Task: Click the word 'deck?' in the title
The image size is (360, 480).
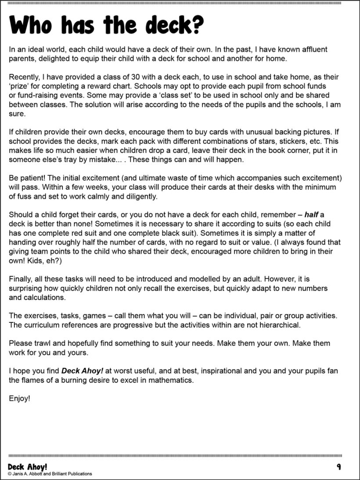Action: [174, 26]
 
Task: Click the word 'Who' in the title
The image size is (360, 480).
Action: [31, 26]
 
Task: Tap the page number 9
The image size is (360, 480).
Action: [339, 466]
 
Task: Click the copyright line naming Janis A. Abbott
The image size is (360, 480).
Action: [50, 474]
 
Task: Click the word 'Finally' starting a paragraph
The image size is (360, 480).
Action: [21, 279]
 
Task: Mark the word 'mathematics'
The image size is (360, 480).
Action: [171, 380]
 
